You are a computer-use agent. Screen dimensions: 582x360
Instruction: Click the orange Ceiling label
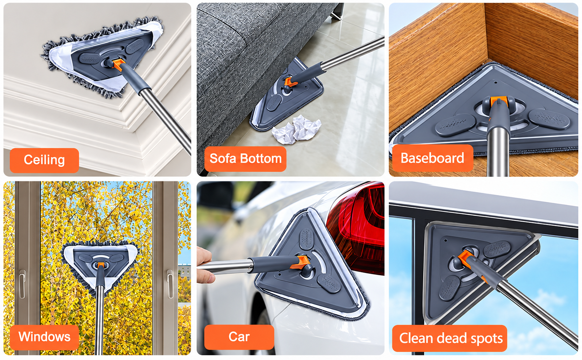coord(44,160)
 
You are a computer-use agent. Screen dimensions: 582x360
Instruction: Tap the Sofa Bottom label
coord(245,159)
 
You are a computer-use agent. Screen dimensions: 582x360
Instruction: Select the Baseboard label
coord(432,158)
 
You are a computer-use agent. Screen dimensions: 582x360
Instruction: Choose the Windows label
coord(44,337)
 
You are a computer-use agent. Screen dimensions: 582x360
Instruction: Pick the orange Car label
coord(239,337)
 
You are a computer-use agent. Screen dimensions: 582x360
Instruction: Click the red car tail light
coord(356,229)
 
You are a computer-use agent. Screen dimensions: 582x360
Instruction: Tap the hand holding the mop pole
coord(205,265)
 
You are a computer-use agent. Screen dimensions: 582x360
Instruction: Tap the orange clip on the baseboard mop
coord(498,101)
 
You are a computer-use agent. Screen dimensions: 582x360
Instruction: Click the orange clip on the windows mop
coord(101,265)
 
